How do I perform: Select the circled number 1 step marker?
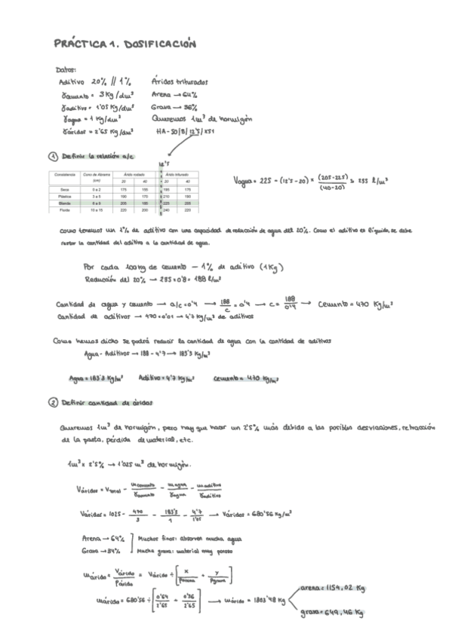coord(53,157)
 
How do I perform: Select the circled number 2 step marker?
coord(53,403)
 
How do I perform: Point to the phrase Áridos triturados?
coord(180,81)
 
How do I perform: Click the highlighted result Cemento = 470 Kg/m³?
coord(238,378)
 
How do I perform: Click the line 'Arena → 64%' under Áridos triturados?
coord(174,94)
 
